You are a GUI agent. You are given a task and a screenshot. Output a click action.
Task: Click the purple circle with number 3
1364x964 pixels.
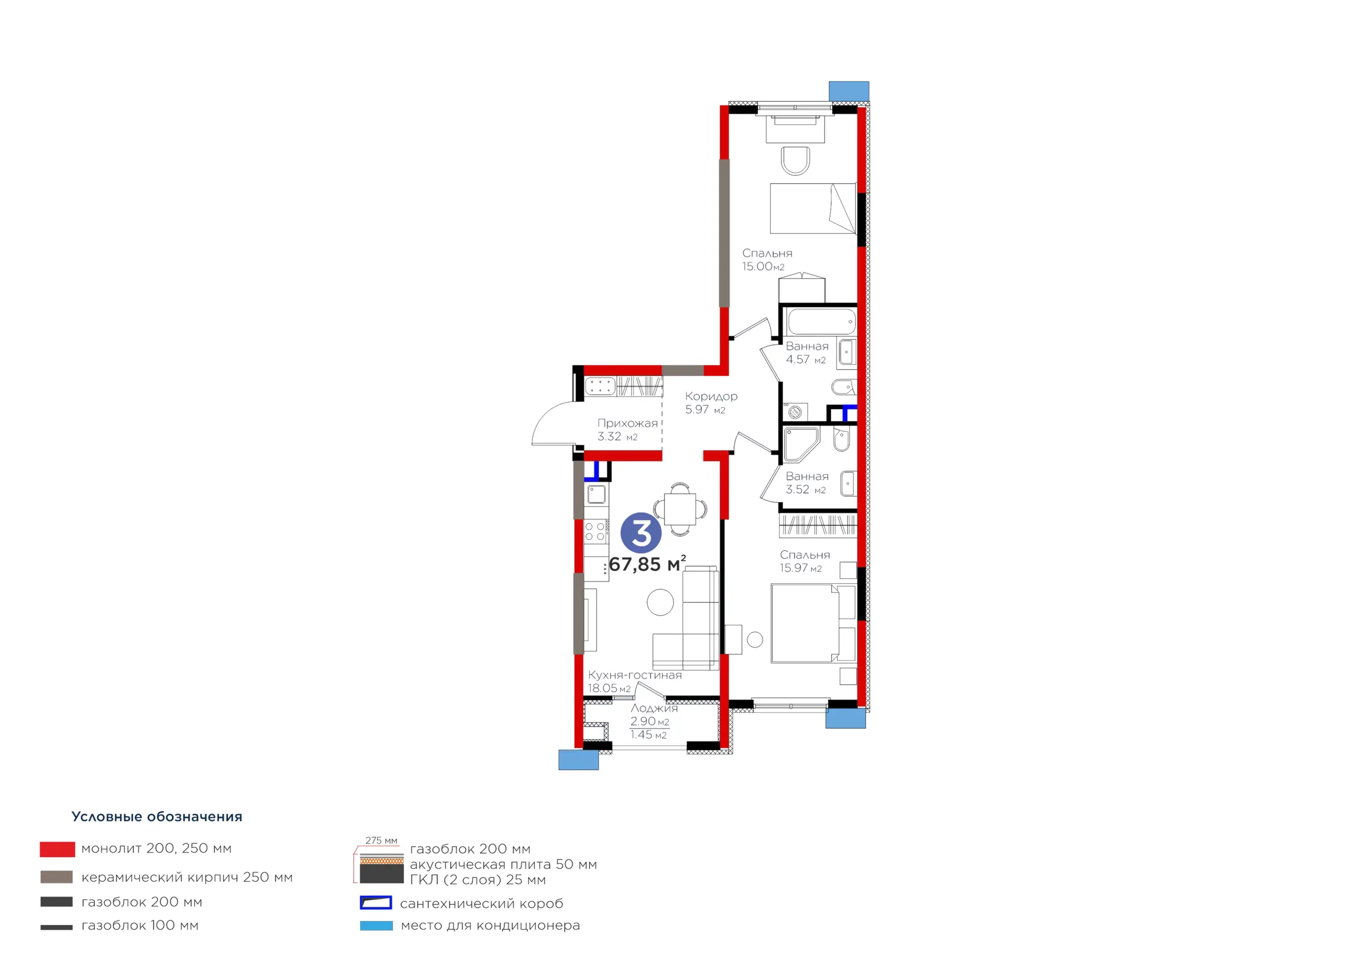point(641,533)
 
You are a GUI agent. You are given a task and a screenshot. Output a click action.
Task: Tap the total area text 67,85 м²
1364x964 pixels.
point(647,563)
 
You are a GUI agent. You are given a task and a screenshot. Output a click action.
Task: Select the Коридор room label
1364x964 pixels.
point(711,396)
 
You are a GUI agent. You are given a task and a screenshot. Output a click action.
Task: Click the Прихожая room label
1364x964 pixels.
point(627,423)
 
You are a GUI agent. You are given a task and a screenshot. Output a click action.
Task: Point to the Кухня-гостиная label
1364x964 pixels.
point(635,675)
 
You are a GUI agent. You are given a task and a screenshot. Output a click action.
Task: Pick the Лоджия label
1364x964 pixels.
point(654,708)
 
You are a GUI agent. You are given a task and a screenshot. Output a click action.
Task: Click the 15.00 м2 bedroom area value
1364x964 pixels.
point(763,267)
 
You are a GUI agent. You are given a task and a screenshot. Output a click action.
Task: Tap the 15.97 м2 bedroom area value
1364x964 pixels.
point(801,568)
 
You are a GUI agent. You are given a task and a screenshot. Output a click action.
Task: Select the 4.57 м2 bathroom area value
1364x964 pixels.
point(806,360)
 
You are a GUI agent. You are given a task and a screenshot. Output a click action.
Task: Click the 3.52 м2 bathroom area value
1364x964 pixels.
point(806,490)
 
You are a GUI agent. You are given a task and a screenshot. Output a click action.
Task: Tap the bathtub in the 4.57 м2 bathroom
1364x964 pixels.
point(822,322)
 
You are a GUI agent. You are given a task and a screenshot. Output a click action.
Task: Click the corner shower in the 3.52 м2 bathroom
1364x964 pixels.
point(801,444)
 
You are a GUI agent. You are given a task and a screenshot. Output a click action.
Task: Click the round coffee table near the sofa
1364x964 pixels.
point(660,602)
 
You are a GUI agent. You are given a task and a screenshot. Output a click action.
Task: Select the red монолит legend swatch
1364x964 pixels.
point(57,849)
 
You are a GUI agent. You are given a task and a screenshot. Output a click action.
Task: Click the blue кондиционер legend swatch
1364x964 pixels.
point(376,926)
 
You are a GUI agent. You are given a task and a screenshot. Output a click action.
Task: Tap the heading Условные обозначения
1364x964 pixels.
point(157,816)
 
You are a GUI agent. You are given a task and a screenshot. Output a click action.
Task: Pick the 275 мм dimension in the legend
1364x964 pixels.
point(381,840)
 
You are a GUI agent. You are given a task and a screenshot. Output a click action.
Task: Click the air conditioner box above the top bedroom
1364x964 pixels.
point(849,91)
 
